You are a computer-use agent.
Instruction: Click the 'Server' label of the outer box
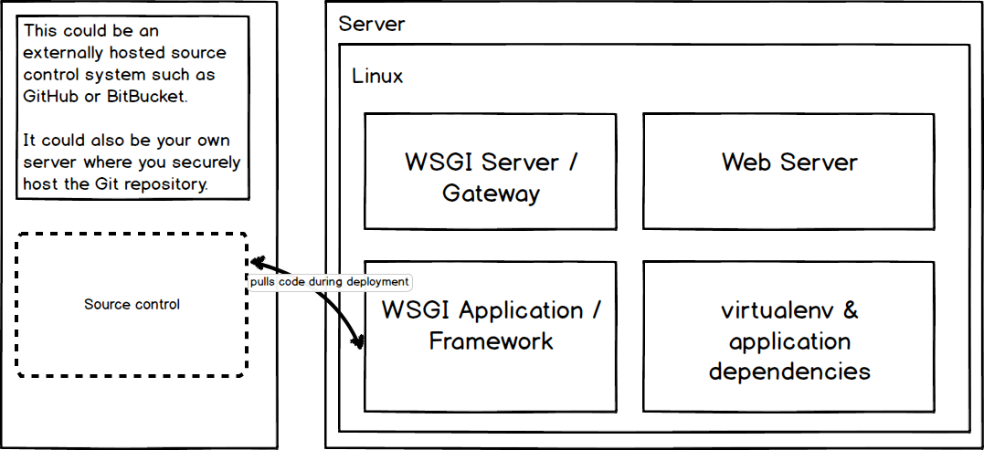tap(371, 24)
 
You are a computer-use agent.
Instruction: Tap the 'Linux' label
tap(377, 76)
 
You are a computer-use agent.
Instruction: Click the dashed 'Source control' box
tap(132, 305)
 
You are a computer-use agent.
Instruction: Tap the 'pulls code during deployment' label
tap(330, 282)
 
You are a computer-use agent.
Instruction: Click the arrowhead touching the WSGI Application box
tap(358, 342)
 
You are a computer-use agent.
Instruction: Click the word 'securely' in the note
tap(210, 162)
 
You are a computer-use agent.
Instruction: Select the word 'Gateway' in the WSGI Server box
tap(491, 194)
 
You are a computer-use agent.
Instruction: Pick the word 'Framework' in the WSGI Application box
tap(491, 341)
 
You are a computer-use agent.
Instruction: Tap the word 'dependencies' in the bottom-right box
tap(788, 372)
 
